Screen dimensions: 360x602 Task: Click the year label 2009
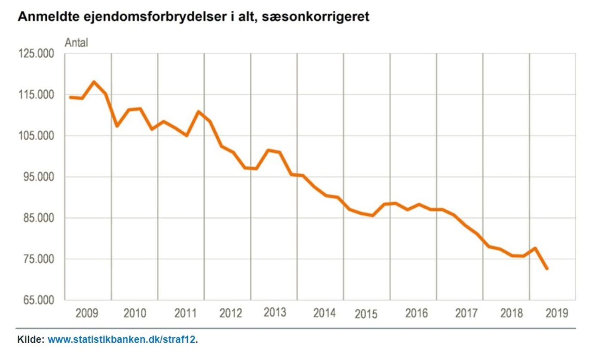click(87, 313)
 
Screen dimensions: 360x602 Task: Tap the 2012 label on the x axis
click(231, 313)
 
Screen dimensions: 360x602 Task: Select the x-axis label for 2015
click(366, 314)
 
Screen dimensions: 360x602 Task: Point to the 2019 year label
click(557, 313)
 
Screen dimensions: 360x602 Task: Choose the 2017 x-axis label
click(467, 313)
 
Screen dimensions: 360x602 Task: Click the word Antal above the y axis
click(76, 43)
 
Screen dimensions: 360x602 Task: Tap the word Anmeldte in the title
click(45, 18)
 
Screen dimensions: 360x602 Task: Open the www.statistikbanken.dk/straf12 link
click(122, 340)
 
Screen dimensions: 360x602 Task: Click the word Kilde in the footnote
click(30, 340)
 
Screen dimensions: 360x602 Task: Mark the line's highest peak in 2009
click(94, 82)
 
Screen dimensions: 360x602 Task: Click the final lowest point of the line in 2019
click(547, 268)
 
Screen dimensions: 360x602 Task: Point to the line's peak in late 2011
click(199, 112)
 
